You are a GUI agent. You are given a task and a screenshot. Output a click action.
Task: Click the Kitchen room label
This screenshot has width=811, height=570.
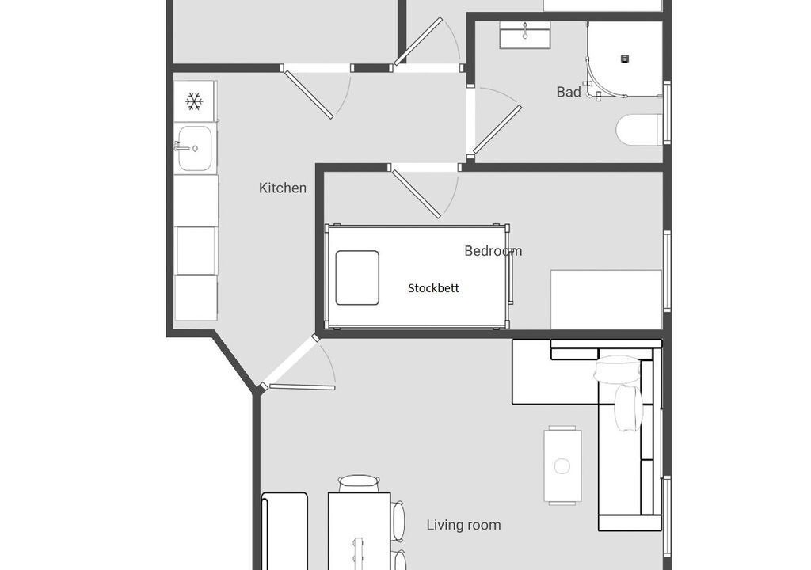click(x=283, y=188)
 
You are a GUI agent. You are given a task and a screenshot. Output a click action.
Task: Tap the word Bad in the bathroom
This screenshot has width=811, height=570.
click(x=569, y=92)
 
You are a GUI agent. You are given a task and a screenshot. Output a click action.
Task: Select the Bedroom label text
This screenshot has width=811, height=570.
click(x=493, y=251)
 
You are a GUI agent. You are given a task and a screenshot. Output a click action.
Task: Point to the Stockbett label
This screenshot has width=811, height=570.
click(x=433, y=288)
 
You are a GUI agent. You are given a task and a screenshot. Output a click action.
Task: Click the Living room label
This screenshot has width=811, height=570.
click(x=463, y=525)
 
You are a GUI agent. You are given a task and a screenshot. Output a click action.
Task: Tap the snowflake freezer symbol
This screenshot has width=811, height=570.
click(x=194, y=101)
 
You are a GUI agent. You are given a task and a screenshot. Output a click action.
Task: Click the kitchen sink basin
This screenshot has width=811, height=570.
click(x=195, y=149)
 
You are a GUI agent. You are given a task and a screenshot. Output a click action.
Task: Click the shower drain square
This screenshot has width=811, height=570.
click(x=625, y=59)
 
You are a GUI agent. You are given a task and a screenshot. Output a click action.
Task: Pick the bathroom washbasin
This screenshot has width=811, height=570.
click(x=524, y=35)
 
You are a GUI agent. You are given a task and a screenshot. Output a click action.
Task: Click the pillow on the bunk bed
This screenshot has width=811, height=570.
click(x=357, y=278)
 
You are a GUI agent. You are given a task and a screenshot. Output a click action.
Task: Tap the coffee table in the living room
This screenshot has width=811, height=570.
click(x=562, y=465)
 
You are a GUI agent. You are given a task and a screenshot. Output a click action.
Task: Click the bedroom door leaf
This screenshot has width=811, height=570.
click(x=417, y=194)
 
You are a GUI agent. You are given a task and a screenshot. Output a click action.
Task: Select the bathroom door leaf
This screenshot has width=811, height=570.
click(x=497, y=130)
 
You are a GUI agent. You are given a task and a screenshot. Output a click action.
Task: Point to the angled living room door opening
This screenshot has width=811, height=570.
click(x=290, y=363)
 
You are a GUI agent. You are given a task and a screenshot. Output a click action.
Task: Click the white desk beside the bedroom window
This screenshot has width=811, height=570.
click(x=606, y=299)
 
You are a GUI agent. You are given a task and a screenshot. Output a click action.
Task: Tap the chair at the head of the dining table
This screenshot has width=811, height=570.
click(x=359, y=483)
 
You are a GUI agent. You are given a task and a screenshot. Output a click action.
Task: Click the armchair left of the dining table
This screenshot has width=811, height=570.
click(x=284, y=531)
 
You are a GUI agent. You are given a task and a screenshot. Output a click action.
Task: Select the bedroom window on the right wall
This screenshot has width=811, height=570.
click(x=667, y=272)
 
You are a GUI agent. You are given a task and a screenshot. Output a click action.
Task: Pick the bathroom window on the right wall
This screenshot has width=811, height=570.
click(x=667, y=112)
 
